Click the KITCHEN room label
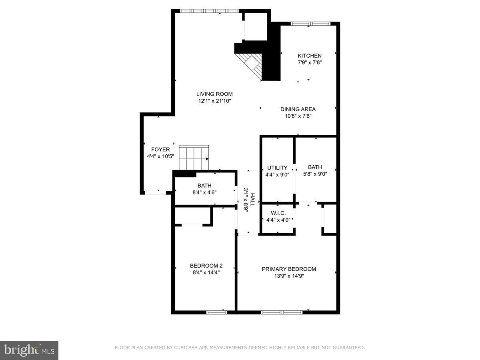pos(309,56)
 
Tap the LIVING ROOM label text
pos(214,94)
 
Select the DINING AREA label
pos(298,109)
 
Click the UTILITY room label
pos(277,168)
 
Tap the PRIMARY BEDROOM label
pos(289,269)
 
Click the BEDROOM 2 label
pos(206,266)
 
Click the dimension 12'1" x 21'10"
pos(214,101)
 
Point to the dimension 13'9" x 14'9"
pos(289,276)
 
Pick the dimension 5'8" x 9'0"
pos(315,174)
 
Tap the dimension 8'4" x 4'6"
pos(204,192)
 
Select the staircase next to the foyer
pos(194,158)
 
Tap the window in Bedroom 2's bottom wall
pos(217,312)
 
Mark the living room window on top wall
pos(209,11)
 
